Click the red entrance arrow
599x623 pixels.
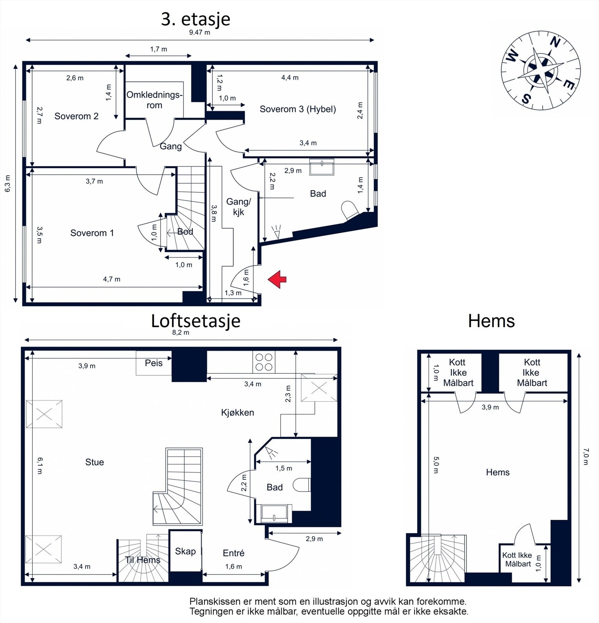[x=277, y=279]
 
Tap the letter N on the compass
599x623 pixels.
[x=555, y=42]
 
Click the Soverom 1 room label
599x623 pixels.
[x=92, y=233]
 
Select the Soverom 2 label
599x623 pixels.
[x=76, y=116]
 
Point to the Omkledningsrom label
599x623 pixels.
[x=154, y=100]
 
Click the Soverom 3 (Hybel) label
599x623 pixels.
[x=298, y=109]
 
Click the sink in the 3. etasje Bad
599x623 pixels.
[x=322, y=167]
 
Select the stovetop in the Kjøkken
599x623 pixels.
[x=264, y=362]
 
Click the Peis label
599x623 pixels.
[x=154, y=363]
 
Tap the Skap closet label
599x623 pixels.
[x=185, y=551]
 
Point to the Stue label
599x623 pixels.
[x=95, y=462]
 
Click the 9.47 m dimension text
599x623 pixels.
[x=200, y=32]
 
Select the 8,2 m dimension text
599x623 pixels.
[x=181, y=333]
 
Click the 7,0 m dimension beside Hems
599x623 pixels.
[x=586, y=456]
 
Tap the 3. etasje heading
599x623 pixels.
[x=196, y=19]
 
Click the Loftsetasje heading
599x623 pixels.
[x=196, y=321]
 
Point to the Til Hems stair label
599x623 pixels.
[x=143, y=560]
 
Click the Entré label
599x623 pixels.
[x=233, y=553]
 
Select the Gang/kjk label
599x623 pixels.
[x=239, y=206]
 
